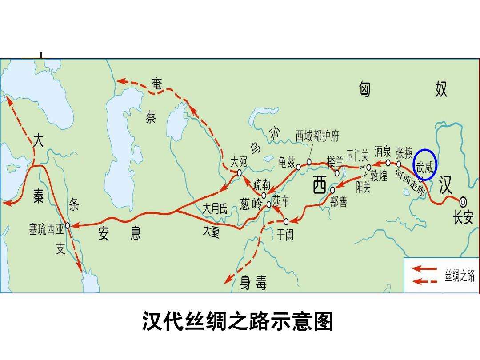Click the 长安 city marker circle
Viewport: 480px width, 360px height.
[x=463, y=202]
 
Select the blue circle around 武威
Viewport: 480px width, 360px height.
[x=425, y=164]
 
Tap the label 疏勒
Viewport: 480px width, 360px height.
[x=261, y=184]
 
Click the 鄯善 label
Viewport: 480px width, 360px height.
[x=339, y=202]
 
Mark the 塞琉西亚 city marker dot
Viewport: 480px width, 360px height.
[x=68, y=225]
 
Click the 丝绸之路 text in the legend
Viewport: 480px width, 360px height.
[x=460, y=276]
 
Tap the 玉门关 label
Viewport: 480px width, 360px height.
[x=358, y=156]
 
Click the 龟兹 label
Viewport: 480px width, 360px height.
[x=286, y=163]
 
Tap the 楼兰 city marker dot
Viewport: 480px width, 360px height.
[x=337, y=173]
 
